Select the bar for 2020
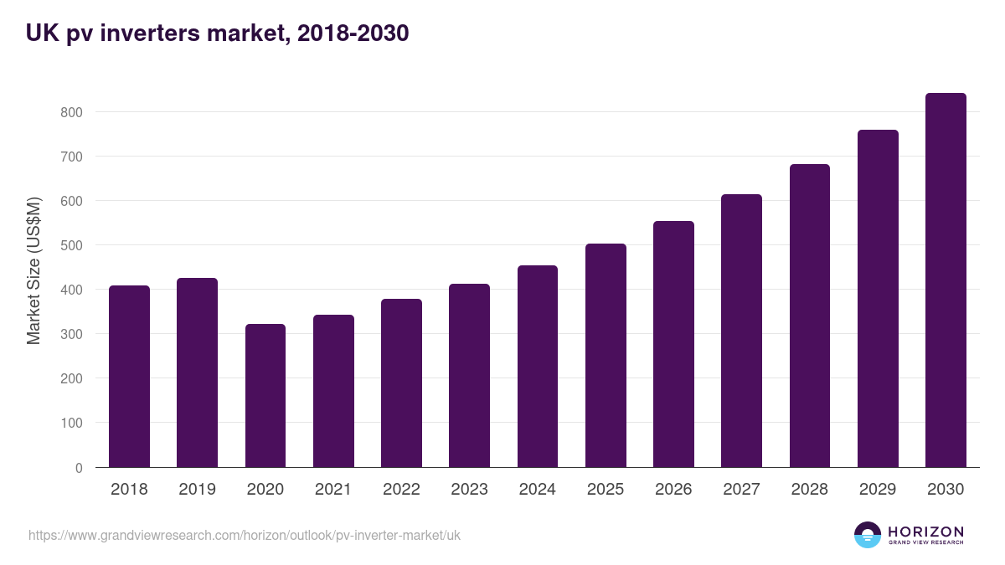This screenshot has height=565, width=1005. coord(265,396)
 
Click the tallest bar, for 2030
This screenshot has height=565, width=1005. coord(946,280)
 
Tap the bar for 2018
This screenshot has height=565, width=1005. coord(129,377)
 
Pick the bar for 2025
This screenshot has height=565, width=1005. coord(606,356)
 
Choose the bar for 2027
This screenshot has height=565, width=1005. coord(741,331)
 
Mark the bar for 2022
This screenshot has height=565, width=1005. coord(401,383)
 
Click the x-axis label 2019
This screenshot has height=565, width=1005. coord(197,490)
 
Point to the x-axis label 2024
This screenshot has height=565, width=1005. coord(537,490)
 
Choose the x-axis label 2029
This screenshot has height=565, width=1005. coord(878,490)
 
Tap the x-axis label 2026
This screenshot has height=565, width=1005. coord(673,490)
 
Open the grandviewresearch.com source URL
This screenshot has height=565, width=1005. coord(245,535)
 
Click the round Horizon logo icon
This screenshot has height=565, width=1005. coord(868,535)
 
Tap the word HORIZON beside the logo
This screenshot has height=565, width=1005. coord(925,531)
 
